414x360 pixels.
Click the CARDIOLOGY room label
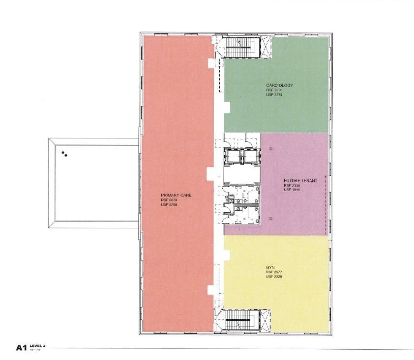pos(279,85)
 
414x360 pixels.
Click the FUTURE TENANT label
pos(300,181)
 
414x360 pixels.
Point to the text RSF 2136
pos(292,186)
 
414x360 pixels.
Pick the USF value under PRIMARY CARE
pos(169,205)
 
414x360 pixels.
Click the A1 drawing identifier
pos(21,348)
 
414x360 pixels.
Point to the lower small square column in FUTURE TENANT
pos(270,218)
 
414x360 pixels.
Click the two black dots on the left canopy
pos(64,154)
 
